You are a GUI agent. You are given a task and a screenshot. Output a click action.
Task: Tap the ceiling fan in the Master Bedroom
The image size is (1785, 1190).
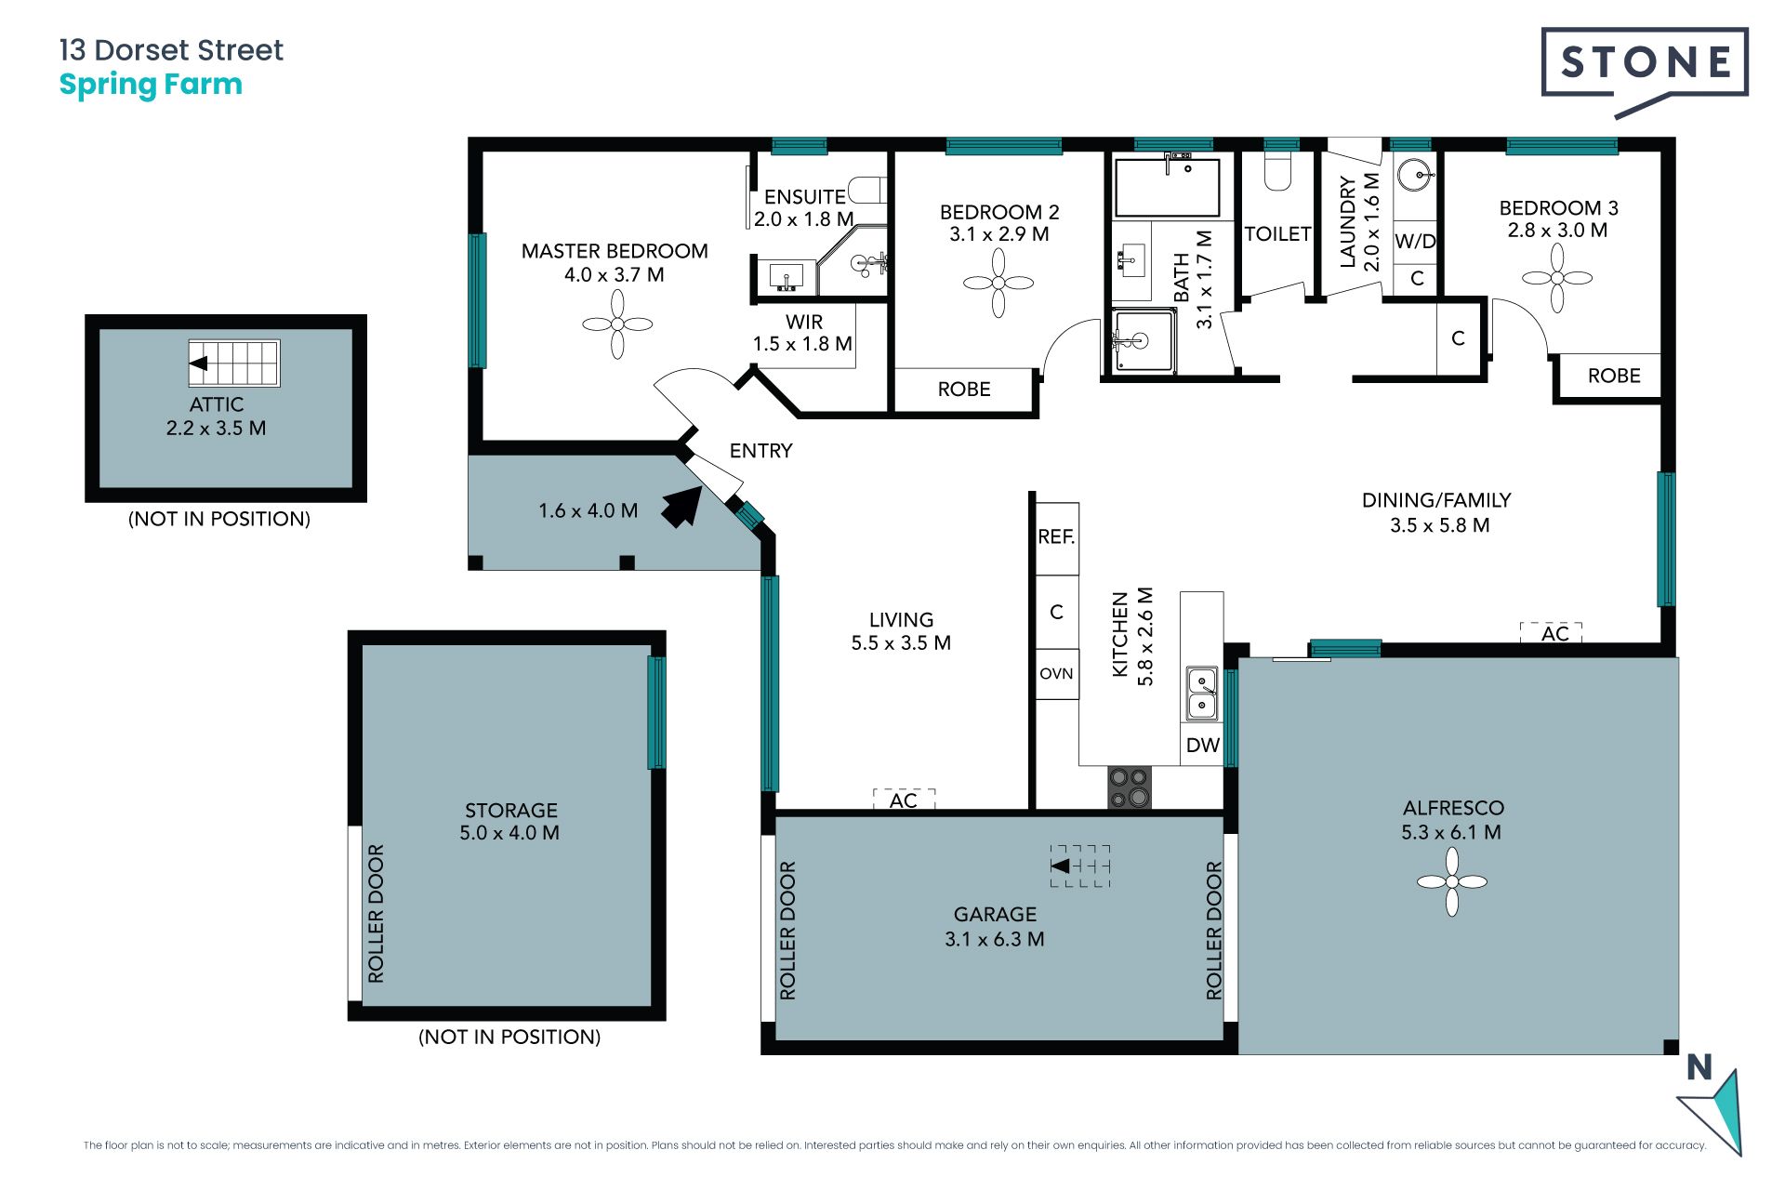[x=617, y=324]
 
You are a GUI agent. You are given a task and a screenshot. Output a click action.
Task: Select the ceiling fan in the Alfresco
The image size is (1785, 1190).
[x=1452, y=881]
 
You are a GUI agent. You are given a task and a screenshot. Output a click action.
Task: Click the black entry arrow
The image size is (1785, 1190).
[x=682, y=507]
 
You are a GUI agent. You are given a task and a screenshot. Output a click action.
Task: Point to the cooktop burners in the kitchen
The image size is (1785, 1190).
[x=1130, y=787]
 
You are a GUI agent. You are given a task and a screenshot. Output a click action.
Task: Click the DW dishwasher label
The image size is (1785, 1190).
[x=1203, y=745]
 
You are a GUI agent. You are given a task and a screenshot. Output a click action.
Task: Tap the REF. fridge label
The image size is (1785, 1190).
[x=1056, y=536]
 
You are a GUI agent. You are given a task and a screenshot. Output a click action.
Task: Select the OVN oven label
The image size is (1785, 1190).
[x=1056, y=673]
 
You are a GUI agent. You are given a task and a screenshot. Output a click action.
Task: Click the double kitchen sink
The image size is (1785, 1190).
[x=1202, y=694]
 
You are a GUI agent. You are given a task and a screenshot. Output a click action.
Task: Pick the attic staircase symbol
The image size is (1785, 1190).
[x=234, y=364]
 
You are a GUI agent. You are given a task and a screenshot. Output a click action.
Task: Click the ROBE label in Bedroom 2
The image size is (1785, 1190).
[x=964, y=390]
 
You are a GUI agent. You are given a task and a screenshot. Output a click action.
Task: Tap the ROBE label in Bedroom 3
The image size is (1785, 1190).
[x=1614, y=376]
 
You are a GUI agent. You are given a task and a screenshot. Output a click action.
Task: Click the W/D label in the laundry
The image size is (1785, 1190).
[x=1415, y=242]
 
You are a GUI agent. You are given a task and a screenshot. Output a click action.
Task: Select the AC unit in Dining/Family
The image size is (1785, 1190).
[x=1552, y=633]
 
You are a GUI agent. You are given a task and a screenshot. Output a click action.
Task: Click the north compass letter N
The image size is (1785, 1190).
[x=1699, y=1067]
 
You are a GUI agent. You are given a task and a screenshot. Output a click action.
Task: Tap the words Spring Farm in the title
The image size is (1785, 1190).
[x=151, y=86]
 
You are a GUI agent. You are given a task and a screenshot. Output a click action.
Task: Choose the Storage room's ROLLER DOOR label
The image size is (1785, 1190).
[x=376, y=913]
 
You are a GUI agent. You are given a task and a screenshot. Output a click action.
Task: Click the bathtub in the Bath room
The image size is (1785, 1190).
[x=1168, y=187]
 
